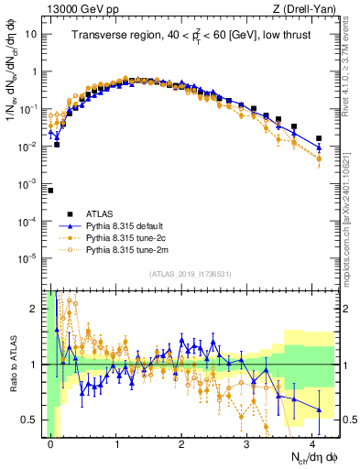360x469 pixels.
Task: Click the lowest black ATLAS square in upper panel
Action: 51,191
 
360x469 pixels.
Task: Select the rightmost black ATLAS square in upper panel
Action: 319,138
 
